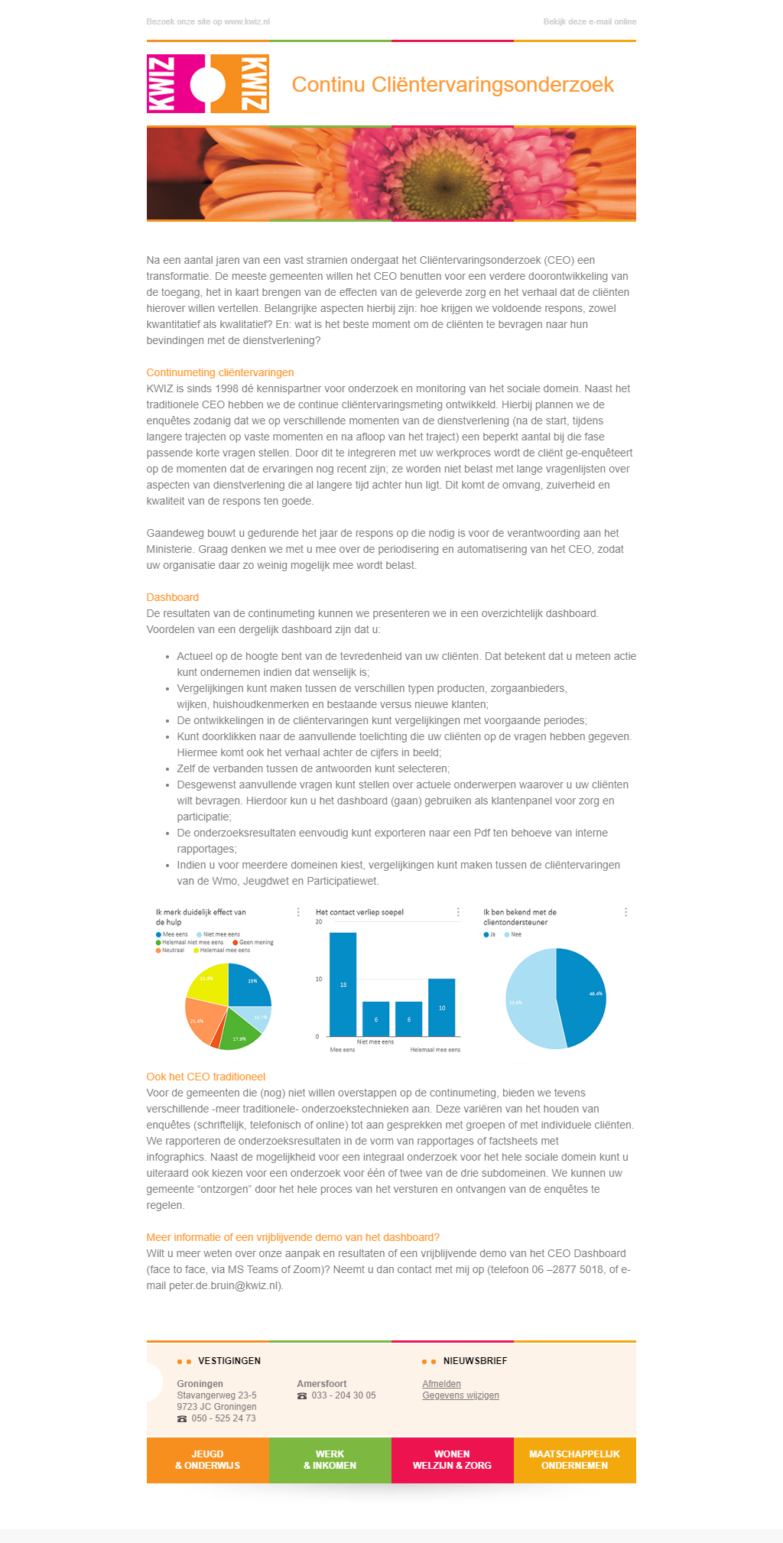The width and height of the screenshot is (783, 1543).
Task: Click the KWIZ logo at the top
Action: pos(207,84)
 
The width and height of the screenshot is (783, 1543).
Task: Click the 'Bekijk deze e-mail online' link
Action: pos(589,21)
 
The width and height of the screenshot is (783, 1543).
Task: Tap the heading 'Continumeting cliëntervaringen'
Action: pos(220,372)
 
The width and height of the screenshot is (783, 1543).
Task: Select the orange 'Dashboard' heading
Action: pos(173,597)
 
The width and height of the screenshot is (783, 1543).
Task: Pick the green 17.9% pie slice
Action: pos(240,1034)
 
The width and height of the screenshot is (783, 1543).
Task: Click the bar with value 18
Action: pos(343,984)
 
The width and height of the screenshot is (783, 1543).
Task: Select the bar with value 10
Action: pos(441,1007)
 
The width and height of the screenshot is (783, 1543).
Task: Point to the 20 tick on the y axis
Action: pos(319,922)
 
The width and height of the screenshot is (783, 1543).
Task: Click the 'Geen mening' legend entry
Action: pos(255,942)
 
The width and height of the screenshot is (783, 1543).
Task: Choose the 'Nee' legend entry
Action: pos(516,934)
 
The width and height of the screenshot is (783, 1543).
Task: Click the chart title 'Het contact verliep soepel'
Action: pos(359,912)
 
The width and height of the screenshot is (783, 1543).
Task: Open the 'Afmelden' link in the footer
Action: pos(441,1384)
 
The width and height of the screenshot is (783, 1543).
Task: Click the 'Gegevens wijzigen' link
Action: pos(460,1395)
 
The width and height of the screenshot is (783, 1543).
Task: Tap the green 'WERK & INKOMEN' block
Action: pos(330,1460)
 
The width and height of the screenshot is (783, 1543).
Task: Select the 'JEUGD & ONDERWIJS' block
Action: pos(207,1460)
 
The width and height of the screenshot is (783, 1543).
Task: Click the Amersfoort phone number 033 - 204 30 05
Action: pos(343,1395)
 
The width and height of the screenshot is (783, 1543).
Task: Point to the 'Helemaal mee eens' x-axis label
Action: pos(435,1050)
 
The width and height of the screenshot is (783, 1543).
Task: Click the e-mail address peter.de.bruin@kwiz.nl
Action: pos(225,1285)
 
